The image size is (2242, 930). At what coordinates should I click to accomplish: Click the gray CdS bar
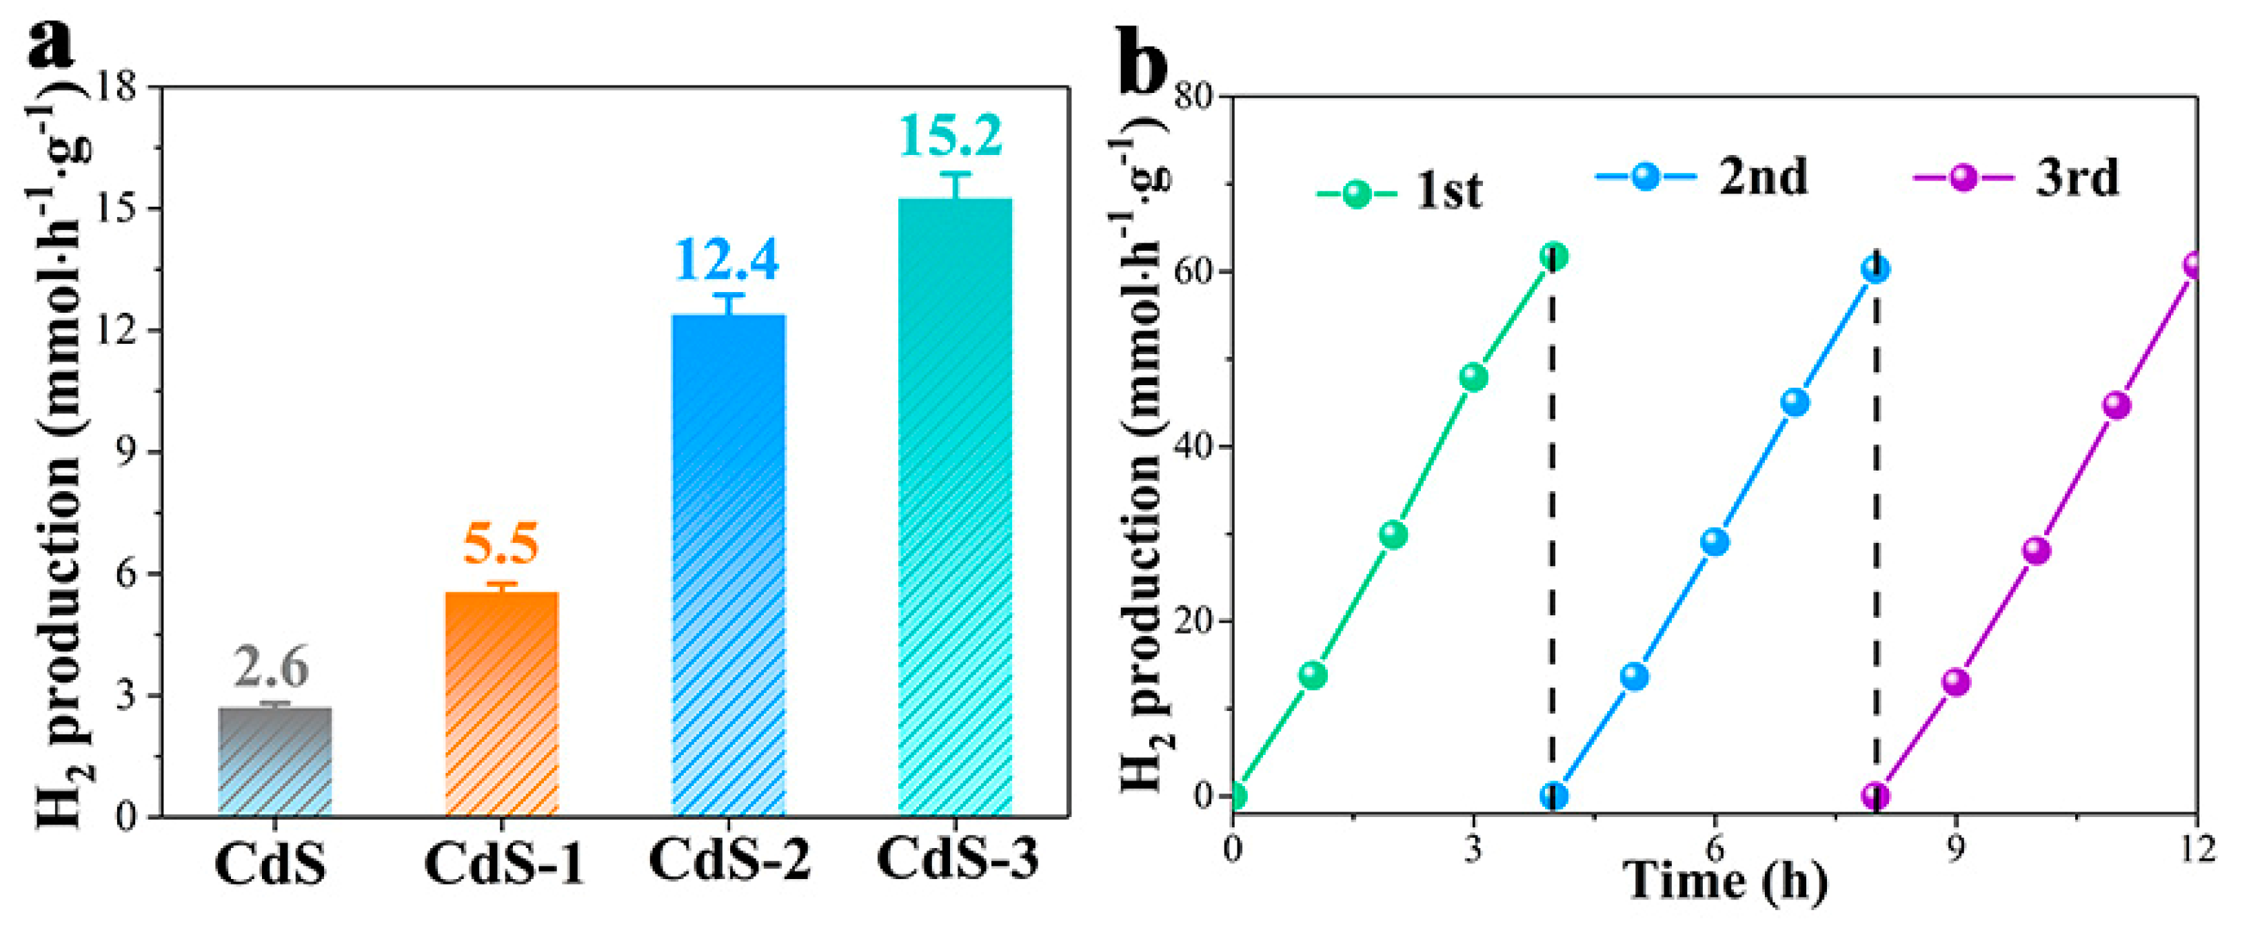pyautogui.click(x=275, y=761)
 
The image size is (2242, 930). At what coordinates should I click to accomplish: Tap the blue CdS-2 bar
pyautogui.click(x=729, y=566)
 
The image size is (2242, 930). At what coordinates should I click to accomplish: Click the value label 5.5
pyautogui.click(x=501, y=546)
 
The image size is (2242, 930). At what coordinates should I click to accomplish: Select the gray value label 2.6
pyautogui.click(x=272, y=668)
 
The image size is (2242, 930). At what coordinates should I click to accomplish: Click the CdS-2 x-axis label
pyautogui.click(x=729, y=860)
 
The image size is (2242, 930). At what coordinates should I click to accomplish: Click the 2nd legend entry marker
pyautogui.click(x=1645, y=176)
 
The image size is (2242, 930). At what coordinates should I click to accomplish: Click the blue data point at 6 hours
pyautogui.click(x=1715, y=542)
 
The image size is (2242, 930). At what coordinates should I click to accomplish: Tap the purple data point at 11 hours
pyautogui.click(x=2117, y=405)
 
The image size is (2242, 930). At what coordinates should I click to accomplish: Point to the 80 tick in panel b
pyautogui.click(x=1194, y=96)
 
